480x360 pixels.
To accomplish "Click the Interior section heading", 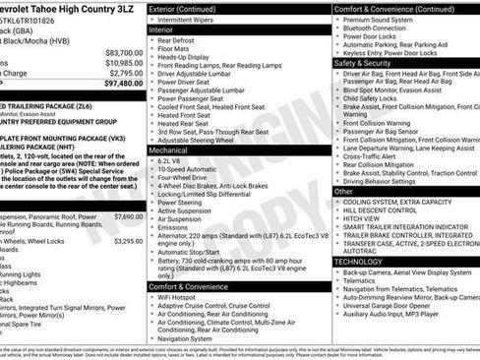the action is pyautogui.click(x=161, y=30).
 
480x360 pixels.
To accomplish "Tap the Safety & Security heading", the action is pyautogui.click(x=369, y=62).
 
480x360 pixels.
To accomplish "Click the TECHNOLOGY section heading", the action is pyautogui.click(x=358, y=261).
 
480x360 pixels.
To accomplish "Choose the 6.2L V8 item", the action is pyautogui.click(x=174, y=159).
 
